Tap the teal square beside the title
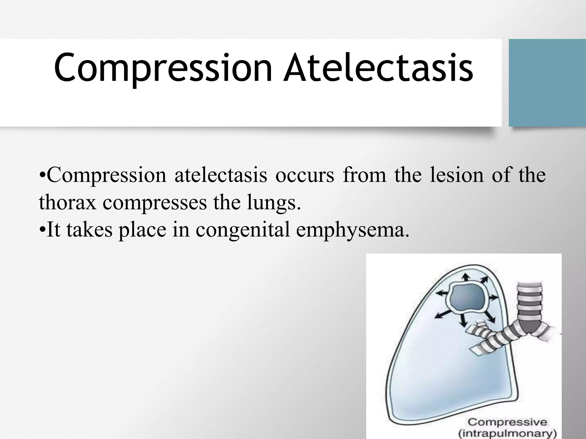pyautogui.click(x=547, y=83)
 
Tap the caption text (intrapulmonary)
pyautogui.click(x=507, y=434)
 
